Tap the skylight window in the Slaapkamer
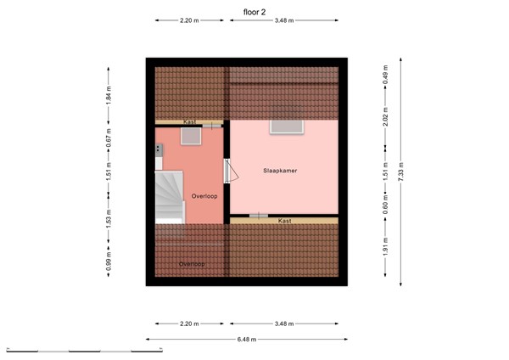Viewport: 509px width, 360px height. tap(283, 127)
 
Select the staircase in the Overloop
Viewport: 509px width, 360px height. tap(170, 198)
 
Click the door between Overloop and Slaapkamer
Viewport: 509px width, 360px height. tap(227, 171)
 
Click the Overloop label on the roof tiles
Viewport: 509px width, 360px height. tap(192, 264)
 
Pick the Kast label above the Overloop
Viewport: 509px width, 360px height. tap(190, 122)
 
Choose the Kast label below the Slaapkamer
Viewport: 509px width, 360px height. tap(285, 221)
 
